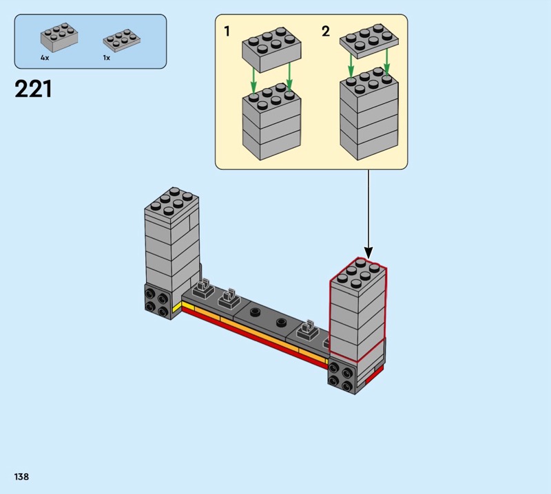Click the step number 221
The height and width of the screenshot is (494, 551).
coord(33,89)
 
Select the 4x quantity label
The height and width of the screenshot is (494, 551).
coord(45,58)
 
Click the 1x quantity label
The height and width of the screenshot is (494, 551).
coord(107,58)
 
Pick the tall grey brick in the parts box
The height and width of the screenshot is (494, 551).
coord(59,39)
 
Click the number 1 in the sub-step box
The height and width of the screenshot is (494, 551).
coord(227,32)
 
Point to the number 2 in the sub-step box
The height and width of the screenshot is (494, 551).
coord(326,32)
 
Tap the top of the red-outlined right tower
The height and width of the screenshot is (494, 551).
coord(358,272)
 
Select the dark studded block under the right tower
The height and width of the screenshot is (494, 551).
coord(342,376)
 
